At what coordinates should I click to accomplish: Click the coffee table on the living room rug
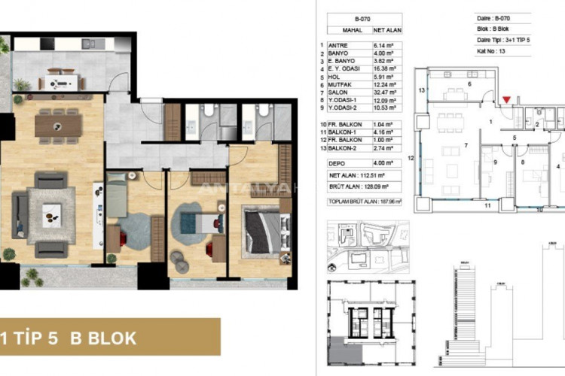(x=51, y=214)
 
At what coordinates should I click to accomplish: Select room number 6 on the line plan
(x=469, y=83)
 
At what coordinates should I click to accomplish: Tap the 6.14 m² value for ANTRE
(x=385, y=47)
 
